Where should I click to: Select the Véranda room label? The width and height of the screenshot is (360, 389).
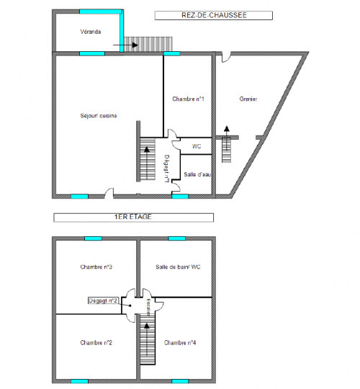pyautogui.click(x=90, y=32)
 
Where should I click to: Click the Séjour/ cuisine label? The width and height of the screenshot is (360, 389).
pyautogui.click(x=99, y=115)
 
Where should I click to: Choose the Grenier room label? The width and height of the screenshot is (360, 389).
pyautogui.click(x=248, y=99)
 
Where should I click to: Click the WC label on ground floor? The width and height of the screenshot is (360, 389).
pyautogui.click(x=196, y=146)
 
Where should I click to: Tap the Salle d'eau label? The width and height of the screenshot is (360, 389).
pyautogui.click(x=196, y=174)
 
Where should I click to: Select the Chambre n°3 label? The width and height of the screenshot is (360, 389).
pyautogui.click(x=96, y=267)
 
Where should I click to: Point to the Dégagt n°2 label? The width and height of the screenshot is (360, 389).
pyautogui.click(x=103, y=300)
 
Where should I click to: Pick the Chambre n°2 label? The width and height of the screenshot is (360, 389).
pyautogui.click(x=96, y=342)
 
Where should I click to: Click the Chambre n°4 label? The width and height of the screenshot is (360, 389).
pyautogui.click(x=180, y=342)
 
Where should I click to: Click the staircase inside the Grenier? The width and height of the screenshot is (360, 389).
pyautogui.click(x=227, y=148)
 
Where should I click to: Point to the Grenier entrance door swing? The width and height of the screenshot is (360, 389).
pyautogui.click(x=225, y=56)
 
